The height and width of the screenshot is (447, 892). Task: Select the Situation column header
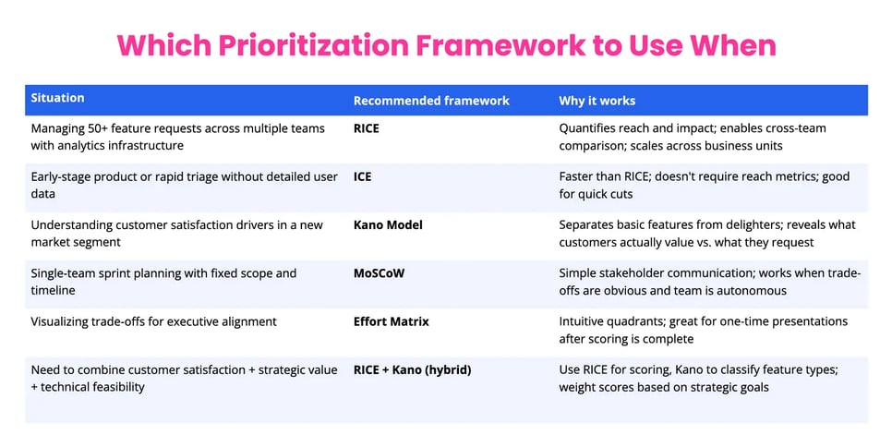[57, 98]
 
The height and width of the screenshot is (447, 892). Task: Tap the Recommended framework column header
[431, 101]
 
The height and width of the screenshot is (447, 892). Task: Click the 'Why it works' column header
[597, 101]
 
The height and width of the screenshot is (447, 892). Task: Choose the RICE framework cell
[367, 128]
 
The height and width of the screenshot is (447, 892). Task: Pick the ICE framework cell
[363, 176]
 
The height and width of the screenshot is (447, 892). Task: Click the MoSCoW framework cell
[380, 273]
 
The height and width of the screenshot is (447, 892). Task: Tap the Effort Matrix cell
[392, 321]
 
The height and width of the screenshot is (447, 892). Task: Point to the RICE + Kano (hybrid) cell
[412, 369]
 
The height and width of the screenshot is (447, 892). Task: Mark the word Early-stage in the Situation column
[63, 176]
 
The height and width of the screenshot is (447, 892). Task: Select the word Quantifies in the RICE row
[589, 128]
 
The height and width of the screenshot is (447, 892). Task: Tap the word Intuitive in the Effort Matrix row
[585, 321]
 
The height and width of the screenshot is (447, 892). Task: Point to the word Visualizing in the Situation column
[65, 321]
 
